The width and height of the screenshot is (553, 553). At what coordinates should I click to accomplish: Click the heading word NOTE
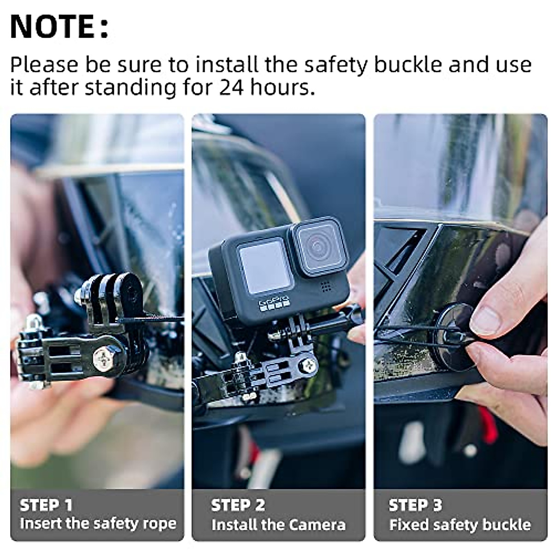pyautogui.click(x=53, y=27)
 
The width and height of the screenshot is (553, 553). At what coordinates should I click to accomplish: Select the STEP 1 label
pyautogui.click(x=46, y=505)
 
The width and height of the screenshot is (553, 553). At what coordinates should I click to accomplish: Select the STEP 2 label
pyautogui.click(x=238, y=505)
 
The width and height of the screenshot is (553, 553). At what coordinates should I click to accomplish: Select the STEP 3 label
pyautogui.click(x=415, y=505)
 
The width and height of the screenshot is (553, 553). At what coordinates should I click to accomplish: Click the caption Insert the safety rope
pyautogui.click(x=98, y=524)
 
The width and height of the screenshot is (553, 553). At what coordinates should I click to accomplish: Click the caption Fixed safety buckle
pyautogui.click(x=459, y=524)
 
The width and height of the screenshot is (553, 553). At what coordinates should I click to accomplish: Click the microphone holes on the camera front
pyautogui.click(x=326, y=287)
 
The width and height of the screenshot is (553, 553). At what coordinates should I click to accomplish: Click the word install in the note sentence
pyautogui.click(x=226, y=65)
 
